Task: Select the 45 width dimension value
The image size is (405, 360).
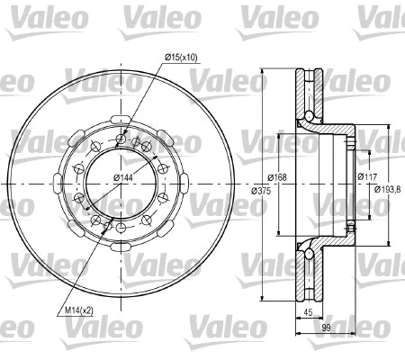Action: [x=308, y=314]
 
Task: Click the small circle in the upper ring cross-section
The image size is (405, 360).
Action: [x=310, y=116]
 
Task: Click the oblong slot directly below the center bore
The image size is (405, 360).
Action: [x=120, y=249]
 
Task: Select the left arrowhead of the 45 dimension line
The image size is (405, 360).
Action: [x=299, y=321]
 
